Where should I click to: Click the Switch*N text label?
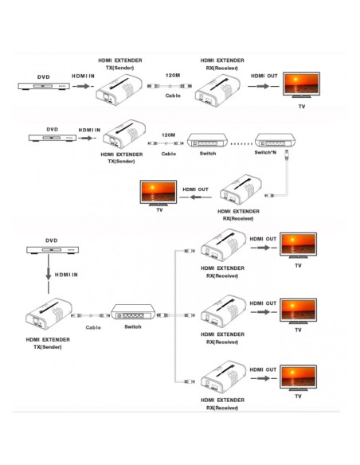(x=265, y=152)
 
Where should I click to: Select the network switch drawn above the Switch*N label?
(x=276, y=140)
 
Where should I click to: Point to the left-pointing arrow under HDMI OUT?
(x=196, y=197)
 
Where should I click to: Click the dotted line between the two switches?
(x=241, y=144)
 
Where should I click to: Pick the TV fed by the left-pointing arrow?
(x=158, y=193)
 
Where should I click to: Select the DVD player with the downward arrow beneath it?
(x=53, y=250)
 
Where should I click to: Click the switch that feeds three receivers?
(x=133, y=312)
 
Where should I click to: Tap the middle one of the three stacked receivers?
(x=224, y=311)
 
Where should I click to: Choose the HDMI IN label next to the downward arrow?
(x=66, y=275)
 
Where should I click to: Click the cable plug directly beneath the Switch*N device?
(x=287, y=154)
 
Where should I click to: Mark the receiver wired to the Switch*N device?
(x=241, y=190)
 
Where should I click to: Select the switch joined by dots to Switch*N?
(x=207, y=140)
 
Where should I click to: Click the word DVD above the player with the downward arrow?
(x=51, y=240)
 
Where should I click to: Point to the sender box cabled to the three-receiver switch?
(x=49, y=314)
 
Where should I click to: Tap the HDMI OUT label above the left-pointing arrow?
(x=195, y=190)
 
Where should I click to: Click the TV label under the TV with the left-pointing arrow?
(x=159, y=210)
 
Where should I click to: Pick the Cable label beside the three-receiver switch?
(x=93, y=327)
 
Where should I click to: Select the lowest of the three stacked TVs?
(x=299, y=377)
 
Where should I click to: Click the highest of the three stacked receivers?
(x=224, y=245)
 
